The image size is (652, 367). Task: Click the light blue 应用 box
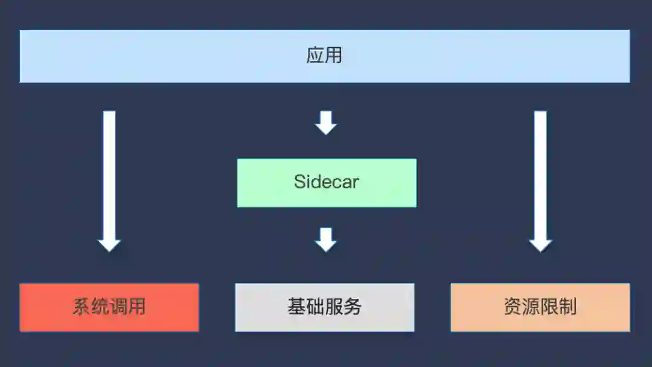pyautogui.click(x=325, y=56)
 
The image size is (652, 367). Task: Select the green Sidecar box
pyautogui.click(x=327, y=182)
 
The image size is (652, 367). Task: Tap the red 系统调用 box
pyautogui.click(x=109, y=307)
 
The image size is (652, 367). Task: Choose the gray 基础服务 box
pyautogui.click(x=325, y=307)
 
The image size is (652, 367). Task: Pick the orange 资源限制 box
pyautogui.click(x=540, y=307)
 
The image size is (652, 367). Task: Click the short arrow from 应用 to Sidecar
pyautogui.click(x=326, y=123)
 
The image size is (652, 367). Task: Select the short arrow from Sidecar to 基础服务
pyautogui.click(x=326, y=239)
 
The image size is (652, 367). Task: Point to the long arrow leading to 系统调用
pyautogui.click(x=109, y=175)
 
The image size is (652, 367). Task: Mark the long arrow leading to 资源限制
pyautogui.click(x=540, y=175)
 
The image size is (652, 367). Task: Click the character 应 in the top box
pyautogui.click(x=315, y=56)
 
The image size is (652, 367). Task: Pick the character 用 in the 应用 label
pyautogui.click(x=334, y=56)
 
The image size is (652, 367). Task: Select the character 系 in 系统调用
pyautogui.click(x=81, y=307)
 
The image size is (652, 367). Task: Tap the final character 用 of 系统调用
pyautogui.click(x=137, y=307)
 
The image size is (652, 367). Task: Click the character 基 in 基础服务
pyautogui.click(x=297, y=307)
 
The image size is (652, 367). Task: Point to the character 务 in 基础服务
pyautogui.click(x=353, y=307)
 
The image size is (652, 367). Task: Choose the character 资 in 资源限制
pyautogui.click(x=513, y=307)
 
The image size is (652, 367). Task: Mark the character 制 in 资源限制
pyautogui.click(x=568, y=307)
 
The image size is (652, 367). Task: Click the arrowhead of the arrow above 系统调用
pyautogui.click(x=109, y=244)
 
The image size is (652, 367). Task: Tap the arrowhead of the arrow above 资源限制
pyautogui.click(x=540, y=244)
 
